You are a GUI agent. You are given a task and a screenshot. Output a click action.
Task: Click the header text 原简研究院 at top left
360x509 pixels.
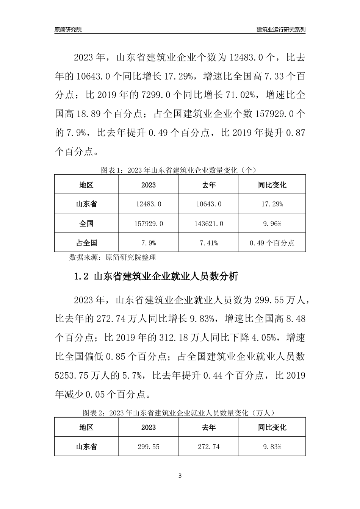pyautogui.click(x=68, y=30)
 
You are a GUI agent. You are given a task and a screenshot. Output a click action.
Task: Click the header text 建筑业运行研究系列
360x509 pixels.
pyautogui.click(x=281, y=30)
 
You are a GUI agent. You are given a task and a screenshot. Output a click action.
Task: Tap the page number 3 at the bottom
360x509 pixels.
pyautogui.click(x=180, y=476)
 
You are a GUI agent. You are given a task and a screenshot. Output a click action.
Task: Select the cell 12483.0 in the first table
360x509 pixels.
pyautogui.click(x=148, y=204)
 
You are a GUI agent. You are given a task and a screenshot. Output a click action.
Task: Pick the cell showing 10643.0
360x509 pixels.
pyautogui.click(x=208, y=204)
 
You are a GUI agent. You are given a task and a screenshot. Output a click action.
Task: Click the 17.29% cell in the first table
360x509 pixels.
pyautogui.click(x=272, y=204)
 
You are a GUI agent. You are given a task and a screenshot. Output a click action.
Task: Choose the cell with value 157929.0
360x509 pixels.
pyautogui.click(x=148, y=224)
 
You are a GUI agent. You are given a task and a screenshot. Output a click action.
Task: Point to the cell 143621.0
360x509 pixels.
pyautogui.click(x=208, y=224)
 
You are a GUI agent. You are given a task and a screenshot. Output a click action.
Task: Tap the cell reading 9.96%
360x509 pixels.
pyautogui.click(x=272, y=224)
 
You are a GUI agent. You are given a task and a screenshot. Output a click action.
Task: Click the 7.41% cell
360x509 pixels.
pyautogui.click(x=208, y=243)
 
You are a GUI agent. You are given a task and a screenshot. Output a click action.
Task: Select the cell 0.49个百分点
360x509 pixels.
pyautogui.click(x=272, y=243)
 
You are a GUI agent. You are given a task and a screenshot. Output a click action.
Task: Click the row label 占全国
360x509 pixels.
pyautogui.click(x=86, y=243)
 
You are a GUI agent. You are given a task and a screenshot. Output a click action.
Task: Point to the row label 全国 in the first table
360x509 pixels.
pyautogui.click(x=86, y=224)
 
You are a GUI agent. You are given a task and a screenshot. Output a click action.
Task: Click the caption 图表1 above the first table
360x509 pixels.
pyautogui.click(x=180, y=170)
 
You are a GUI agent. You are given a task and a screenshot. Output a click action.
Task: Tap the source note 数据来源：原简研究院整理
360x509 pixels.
pyautogui.click(x=113, y=258)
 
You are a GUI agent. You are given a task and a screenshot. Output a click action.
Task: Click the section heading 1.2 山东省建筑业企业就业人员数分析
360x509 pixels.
pyautogui.click(x=156, y=276)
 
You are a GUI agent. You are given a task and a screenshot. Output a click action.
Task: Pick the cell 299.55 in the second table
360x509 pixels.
pyautogui.click(x=148, y=447)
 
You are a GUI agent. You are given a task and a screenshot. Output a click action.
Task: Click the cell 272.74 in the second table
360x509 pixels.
pyautogui.click(x=208, y=447)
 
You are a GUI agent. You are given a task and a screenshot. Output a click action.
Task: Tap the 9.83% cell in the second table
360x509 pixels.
pyautogui.click(x=272, y=447)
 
